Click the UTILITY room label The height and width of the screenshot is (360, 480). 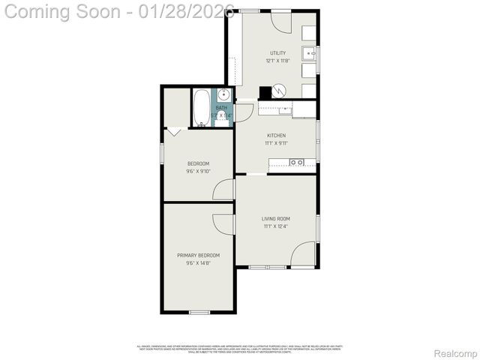tap(277, 53)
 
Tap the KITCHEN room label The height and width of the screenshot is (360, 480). tap(276, 136)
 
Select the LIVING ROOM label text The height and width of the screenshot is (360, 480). tap(276, 219)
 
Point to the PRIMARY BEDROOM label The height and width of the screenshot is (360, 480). tap(198, 256)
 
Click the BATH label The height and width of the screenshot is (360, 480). tap(221, 108)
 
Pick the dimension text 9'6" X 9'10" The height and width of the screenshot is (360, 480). tap(198, 171)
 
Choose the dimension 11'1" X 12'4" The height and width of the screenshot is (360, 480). tap(276, 226)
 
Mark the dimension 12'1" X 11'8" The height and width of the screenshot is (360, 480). tap(277, 61)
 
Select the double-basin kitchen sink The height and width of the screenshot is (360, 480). tap(296, 162)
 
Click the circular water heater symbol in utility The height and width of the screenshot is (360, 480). tap(279, 91)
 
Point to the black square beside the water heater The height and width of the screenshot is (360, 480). tap(265, 92)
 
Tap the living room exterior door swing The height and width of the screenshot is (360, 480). tap(303, 254)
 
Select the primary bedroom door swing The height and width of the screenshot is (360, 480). tap(223, 223)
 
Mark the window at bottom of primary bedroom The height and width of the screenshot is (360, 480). tap(199, 312)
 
